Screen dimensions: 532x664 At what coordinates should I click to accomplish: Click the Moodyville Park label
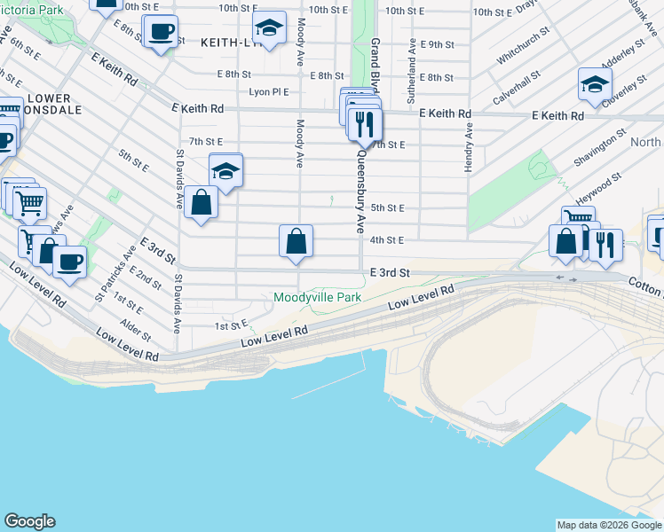[317, 298]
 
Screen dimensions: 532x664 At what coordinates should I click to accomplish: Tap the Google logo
[29, 521]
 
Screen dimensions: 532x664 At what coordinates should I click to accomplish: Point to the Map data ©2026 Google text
[609, 525]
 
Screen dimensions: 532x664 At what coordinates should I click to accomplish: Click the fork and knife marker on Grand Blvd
[365, 125]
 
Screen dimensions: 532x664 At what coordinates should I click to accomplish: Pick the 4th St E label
[387, 240]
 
